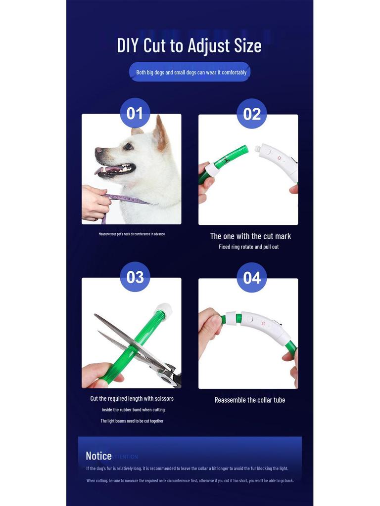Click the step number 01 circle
point(135,113)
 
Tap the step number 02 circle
point(252,114)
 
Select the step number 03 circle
point(135,277)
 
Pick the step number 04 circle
point(252,277)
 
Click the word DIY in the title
point(128,45)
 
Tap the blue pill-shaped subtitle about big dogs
point(191,72)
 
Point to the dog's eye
point(128,146)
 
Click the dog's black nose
point(98,151)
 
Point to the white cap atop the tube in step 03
point(164,309)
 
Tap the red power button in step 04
point(263,324)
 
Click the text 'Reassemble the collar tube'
point(249,400)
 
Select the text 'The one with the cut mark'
point(250,236)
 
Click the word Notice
point(98,456)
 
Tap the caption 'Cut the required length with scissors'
point(132,398)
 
